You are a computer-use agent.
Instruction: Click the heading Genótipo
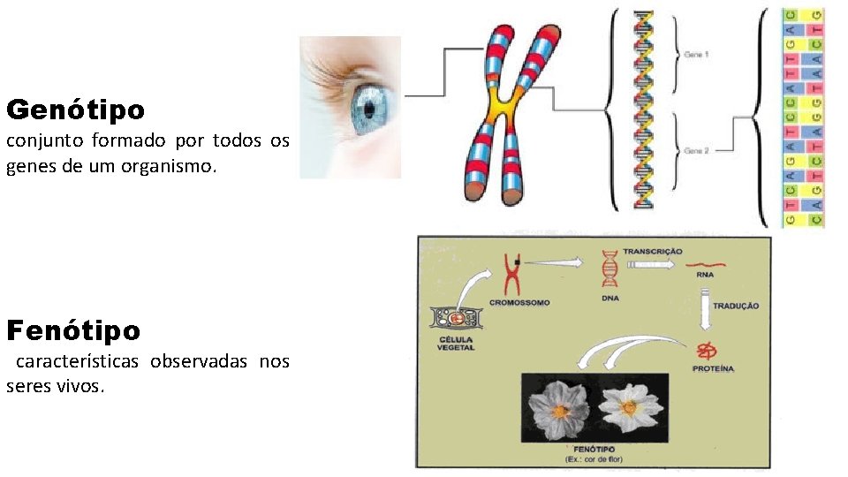(x=75, y=111)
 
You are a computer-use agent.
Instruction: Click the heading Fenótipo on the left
(x=73, y=331)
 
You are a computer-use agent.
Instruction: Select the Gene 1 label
(x=696, y=55)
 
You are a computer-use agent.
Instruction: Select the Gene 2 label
(x=696, y=151)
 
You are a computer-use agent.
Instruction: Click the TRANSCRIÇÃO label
(x=653, y=252)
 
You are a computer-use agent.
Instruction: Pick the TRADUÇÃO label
(x=736, y=306)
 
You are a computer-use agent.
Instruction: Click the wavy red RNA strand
(x=706, y=263)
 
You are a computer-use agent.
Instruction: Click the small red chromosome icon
(x=511, y=275)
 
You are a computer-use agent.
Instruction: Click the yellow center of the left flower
(x=561, y=412)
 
